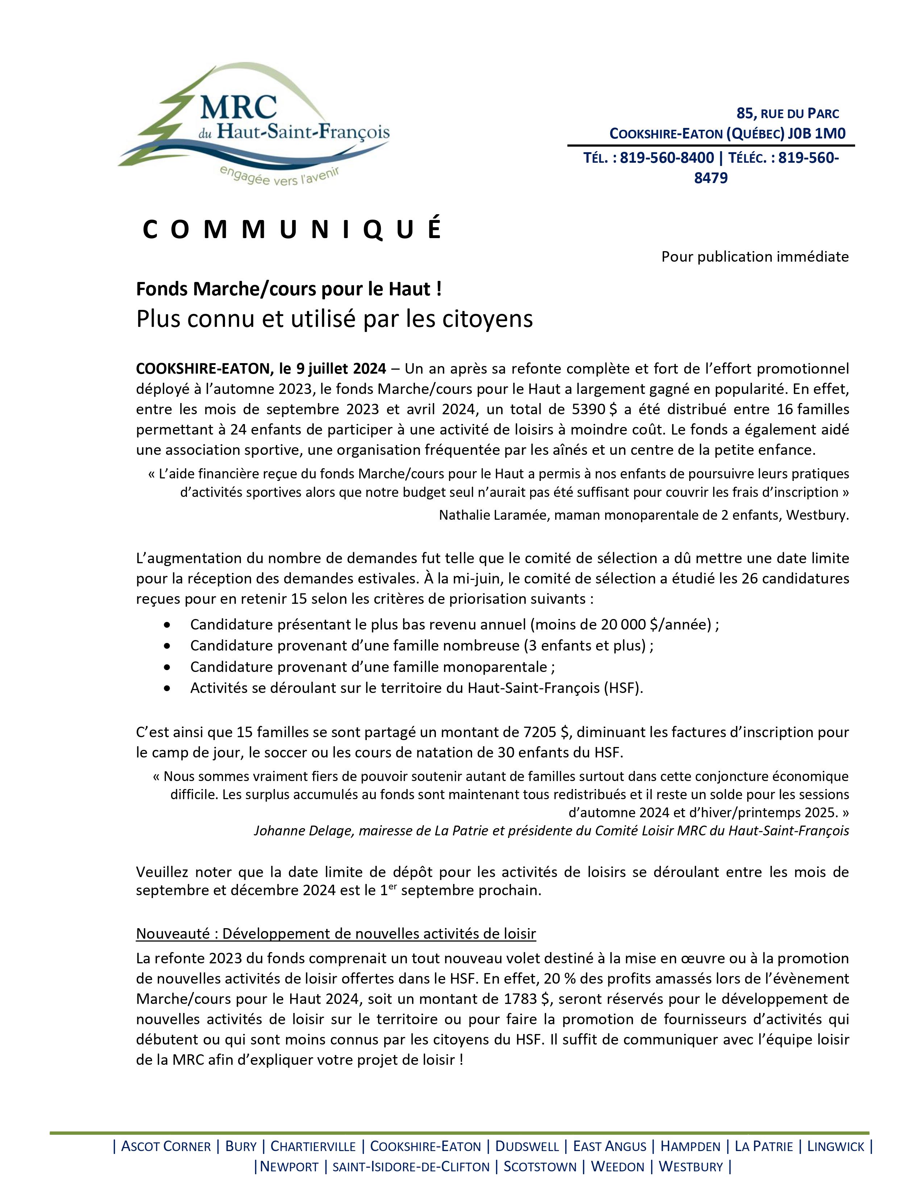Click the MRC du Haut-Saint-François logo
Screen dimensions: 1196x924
coord(253,124)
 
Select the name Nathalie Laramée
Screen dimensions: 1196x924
coord(494,515)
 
